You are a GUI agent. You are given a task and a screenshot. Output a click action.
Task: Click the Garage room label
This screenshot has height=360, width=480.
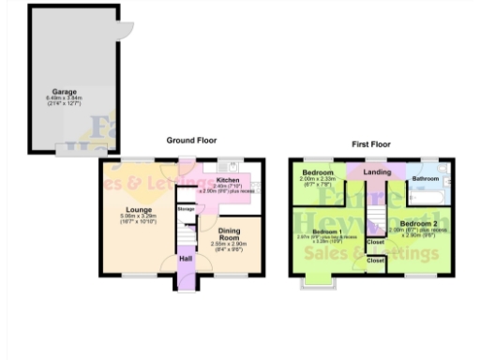pyautogui.click(x=64, y=92)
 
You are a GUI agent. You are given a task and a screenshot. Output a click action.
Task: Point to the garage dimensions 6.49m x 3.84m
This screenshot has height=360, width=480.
pyautogui.click(x=64, y=98)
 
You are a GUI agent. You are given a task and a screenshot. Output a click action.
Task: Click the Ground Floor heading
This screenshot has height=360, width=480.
pyautogui.click(x=191, y=141)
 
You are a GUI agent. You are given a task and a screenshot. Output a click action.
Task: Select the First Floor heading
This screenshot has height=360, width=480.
pyautogui.click(x=372, y=144)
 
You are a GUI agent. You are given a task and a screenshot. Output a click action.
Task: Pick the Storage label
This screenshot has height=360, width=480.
pyautogui.click(x=186, y=209)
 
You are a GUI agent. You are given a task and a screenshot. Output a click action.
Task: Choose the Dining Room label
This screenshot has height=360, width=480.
pyautogui.click(x=231, y=233)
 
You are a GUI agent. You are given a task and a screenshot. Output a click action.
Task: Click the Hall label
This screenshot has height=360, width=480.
pyautogui.click(x=186, y=258)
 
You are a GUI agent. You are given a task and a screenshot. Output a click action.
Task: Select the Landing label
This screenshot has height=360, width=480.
pyautogui.click(x=377, y=172)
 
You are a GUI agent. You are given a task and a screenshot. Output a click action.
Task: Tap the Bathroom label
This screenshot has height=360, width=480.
pyautogui.click(x=427, y=177)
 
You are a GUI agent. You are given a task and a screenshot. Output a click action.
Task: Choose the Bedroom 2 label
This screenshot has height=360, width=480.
pyautogui.click(x=418, y=223)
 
